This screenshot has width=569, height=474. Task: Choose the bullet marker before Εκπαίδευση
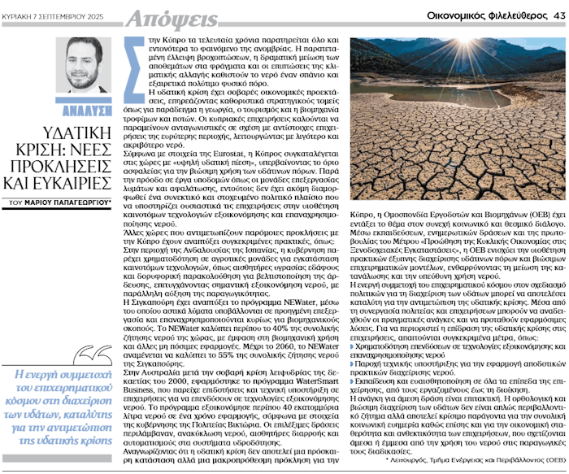(x=355, y=380)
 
